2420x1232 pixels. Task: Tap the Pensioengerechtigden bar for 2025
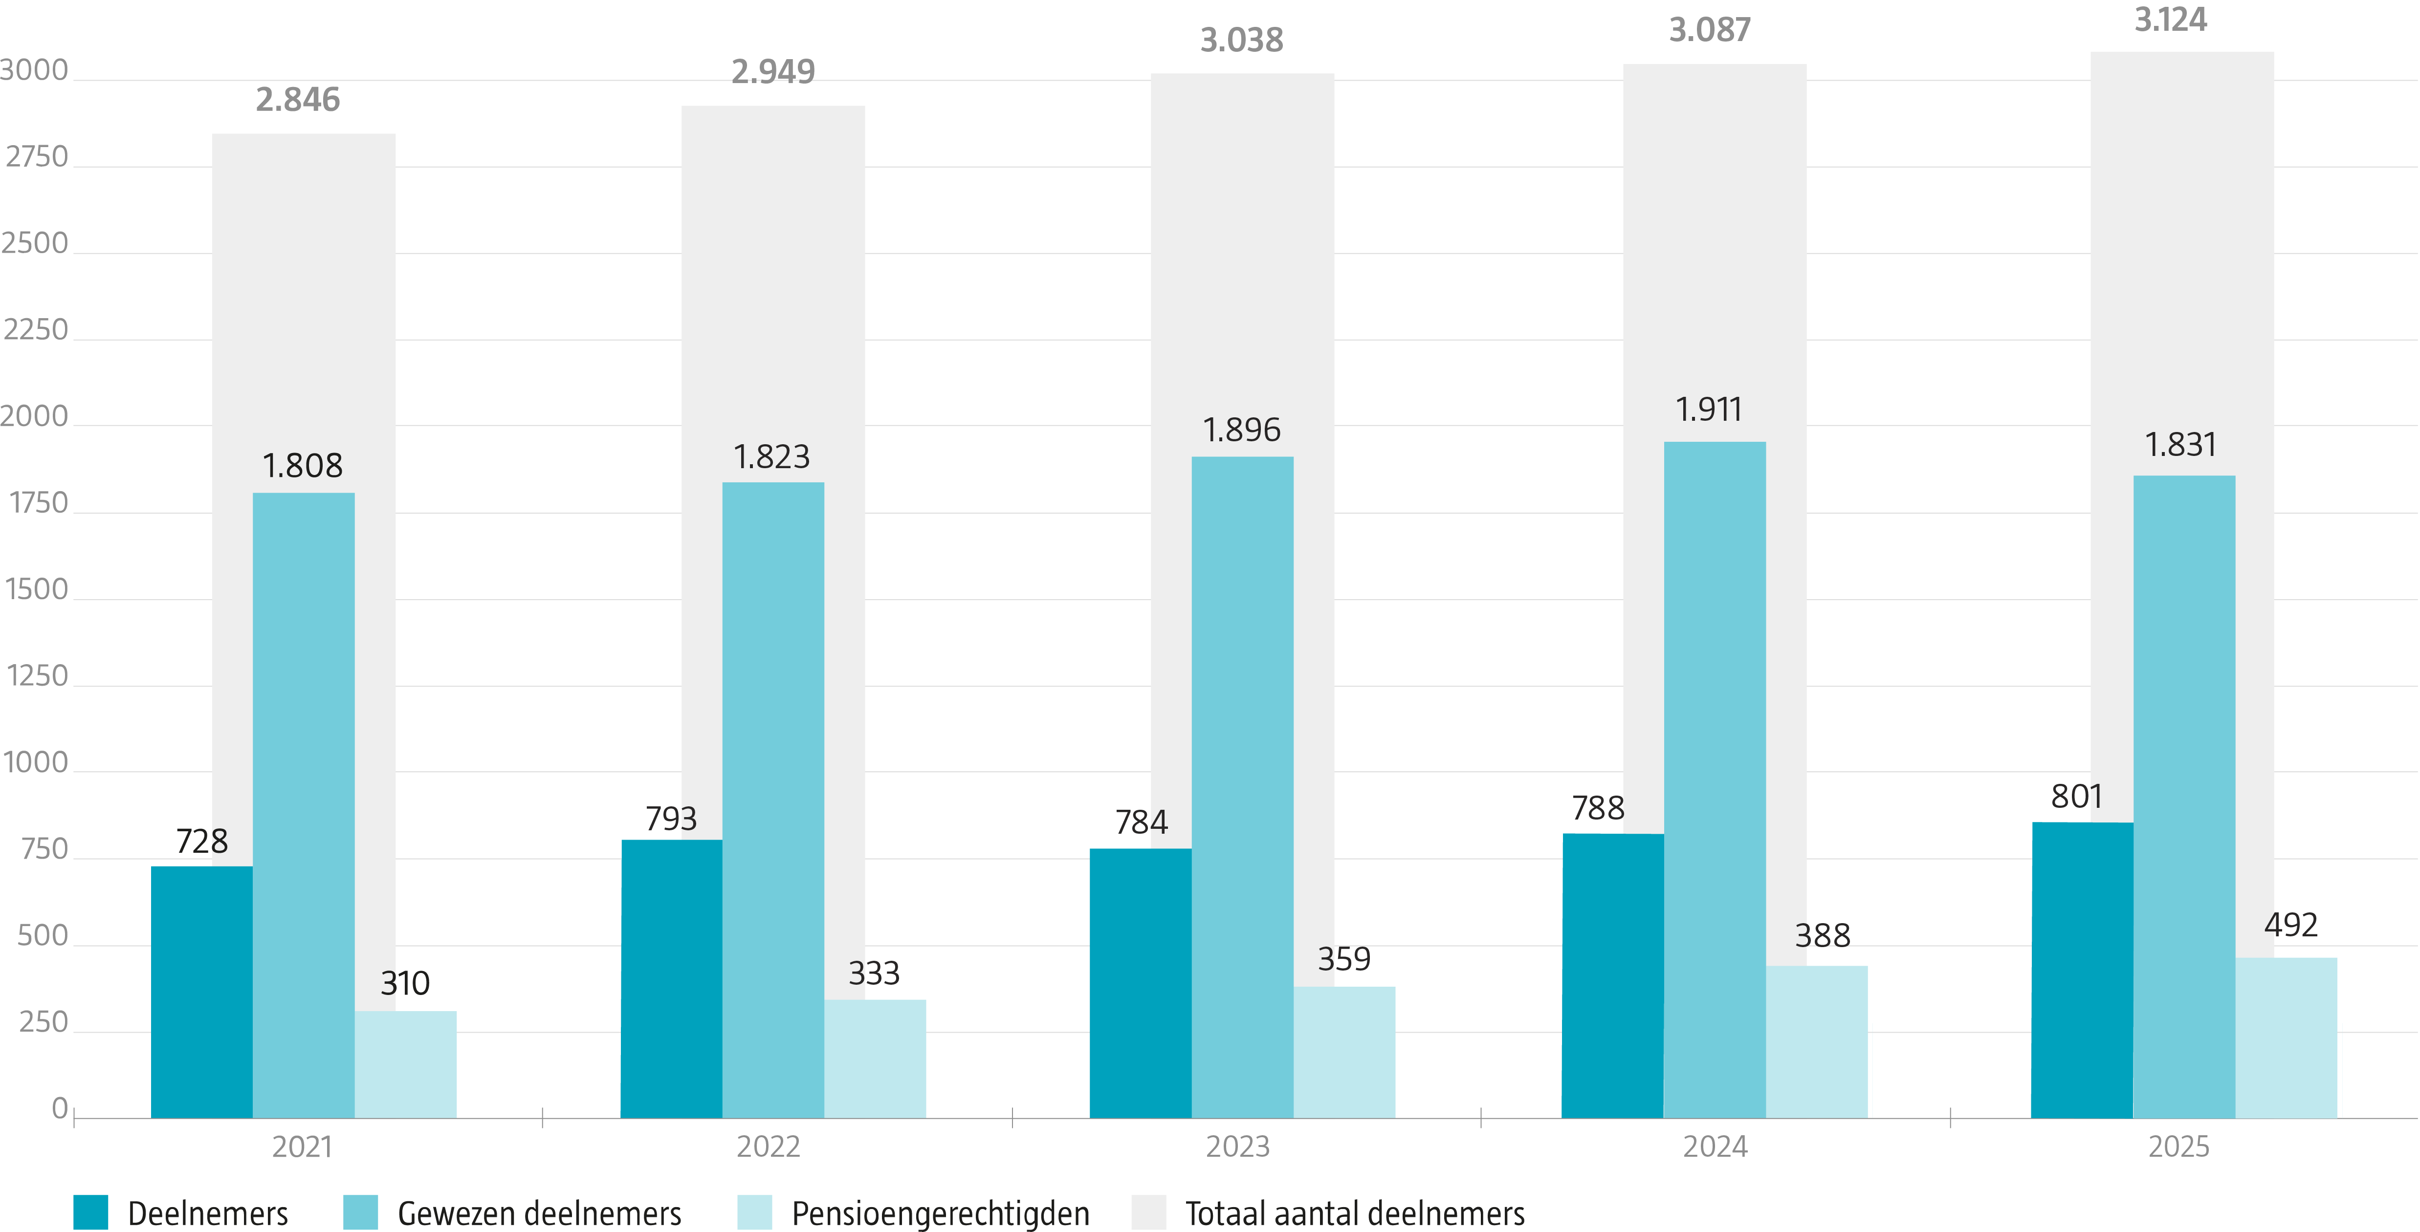tap(2286, 1037)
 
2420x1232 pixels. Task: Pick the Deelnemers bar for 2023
tap(1141, 983)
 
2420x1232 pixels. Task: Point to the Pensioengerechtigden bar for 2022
tap(875, 1059)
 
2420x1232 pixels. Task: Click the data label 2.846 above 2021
tap(298, 100)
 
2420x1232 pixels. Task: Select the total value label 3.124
tap(2171, 20)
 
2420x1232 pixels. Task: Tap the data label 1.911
tap(1709, 410)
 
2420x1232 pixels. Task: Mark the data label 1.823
tap(771, 456)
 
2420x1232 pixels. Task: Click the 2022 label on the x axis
tap(769, 1146)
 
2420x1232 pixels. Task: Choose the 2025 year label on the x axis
tap(2178, 1146)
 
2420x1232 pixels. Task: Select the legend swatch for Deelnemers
tap(91, 1212)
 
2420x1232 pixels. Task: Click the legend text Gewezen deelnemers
tap(539, 1213)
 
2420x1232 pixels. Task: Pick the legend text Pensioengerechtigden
tap(941, 1213)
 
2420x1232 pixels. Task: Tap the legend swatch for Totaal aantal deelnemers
tap(1149, 1212)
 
